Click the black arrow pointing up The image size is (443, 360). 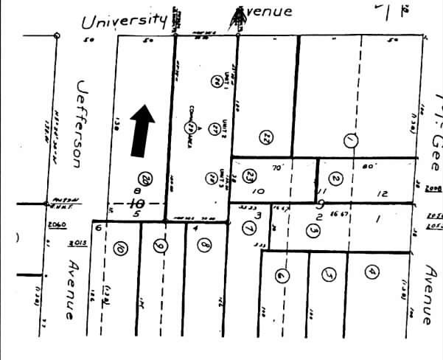(143, 131)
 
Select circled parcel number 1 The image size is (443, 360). (350, 139)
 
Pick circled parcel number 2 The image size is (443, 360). (335, 179)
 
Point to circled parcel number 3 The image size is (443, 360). (313, 231)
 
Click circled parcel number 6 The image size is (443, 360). (281, 276)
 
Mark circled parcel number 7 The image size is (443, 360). (247, 227)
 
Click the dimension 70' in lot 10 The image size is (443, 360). (278, 167)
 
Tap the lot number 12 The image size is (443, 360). (381, 193)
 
